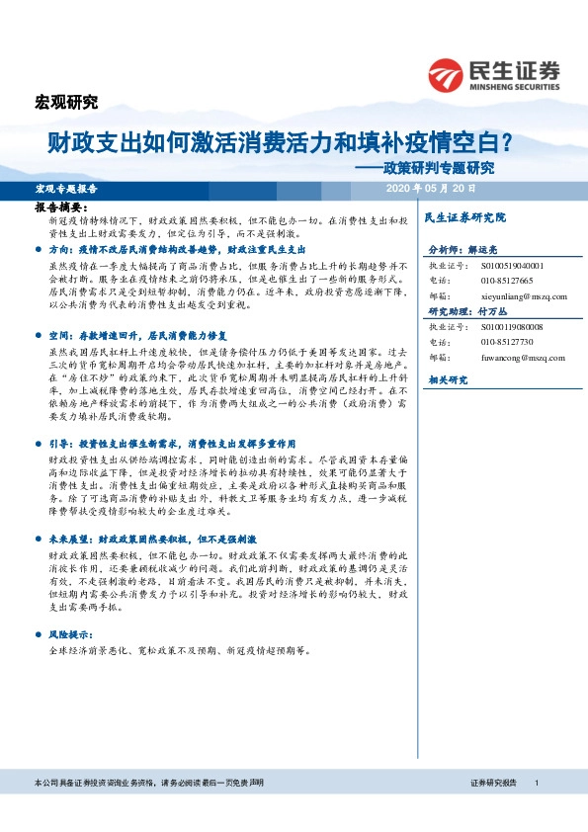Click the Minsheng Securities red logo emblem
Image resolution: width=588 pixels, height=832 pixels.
coord(448,74)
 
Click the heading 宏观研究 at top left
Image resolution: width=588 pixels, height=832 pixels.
coord(66,102)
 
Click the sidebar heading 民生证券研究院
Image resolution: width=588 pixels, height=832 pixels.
coord(463,216)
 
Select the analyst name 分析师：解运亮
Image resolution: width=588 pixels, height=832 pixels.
coord(466,251)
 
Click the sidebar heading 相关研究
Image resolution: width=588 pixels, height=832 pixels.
coord(446,379)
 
